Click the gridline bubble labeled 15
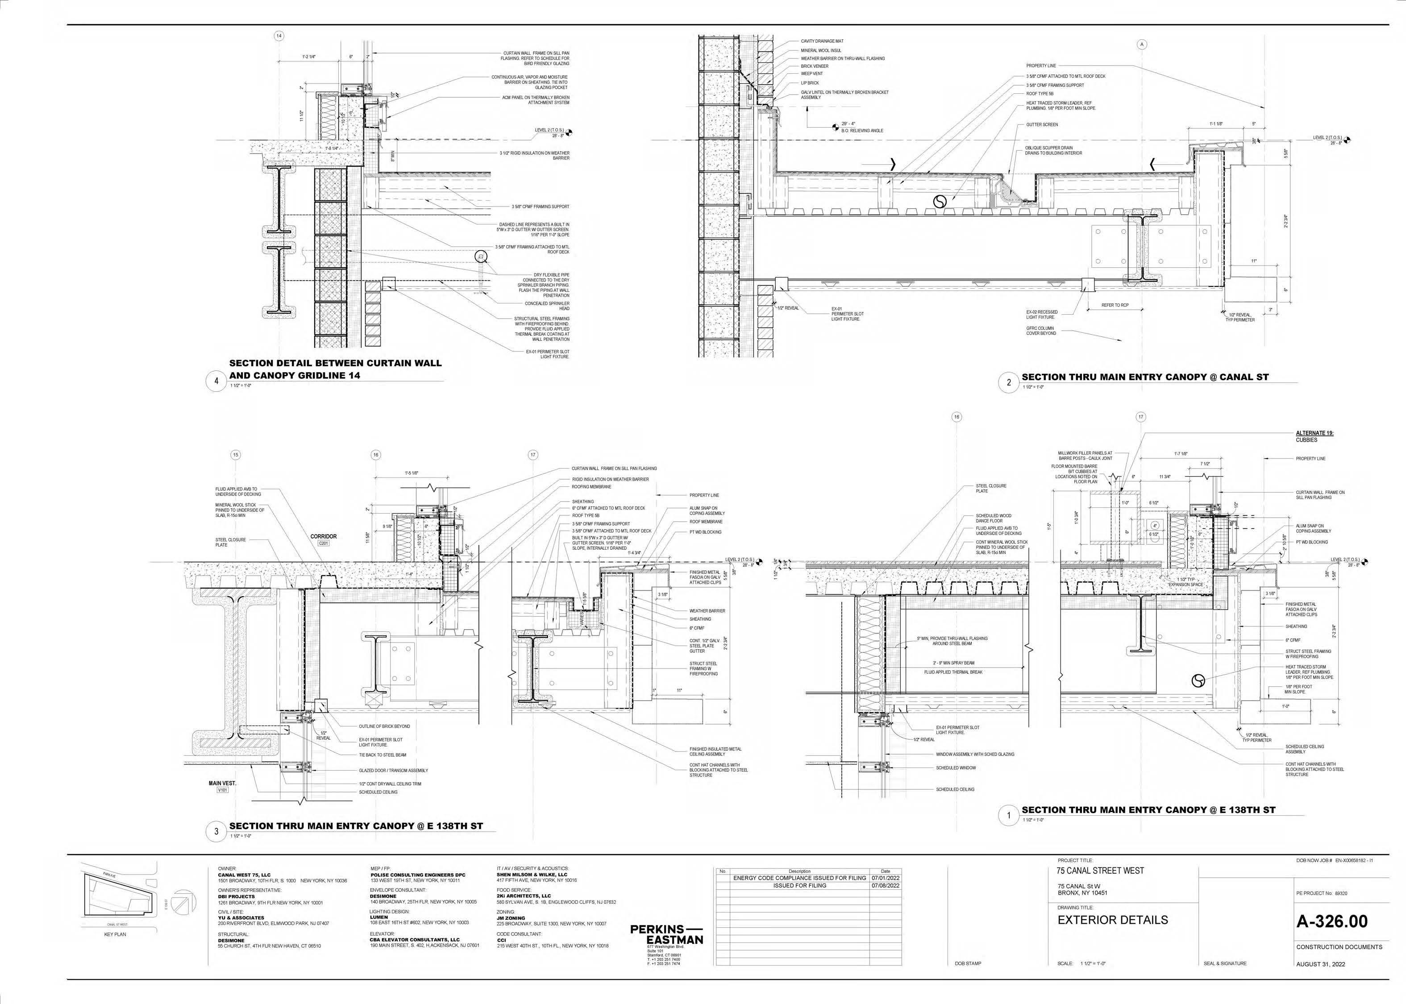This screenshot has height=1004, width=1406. [236, 455]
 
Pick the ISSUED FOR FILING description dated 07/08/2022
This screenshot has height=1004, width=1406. [799, 885]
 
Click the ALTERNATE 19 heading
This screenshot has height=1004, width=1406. [1314, 433]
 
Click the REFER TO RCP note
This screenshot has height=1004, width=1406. [1115, 305]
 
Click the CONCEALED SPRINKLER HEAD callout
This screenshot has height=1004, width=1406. [547, 306]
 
